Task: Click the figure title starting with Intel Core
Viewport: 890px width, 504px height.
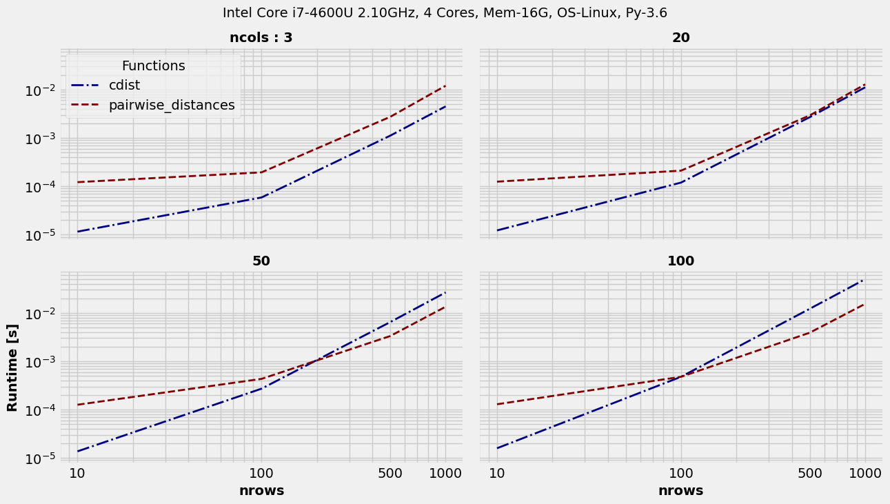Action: click(445, 13)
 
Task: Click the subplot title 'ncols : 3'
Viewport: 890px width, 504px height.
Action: click(261, 38)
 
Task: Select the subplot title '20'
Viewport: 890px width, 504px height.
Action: click(680, 38)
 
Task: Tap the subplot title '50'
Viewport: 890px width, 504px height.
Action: click(261, 261)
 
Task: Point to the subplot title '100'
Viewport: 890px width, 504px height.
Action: click(680, 261)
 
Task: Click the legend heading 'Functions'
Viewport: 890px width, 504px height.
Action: click(153, 66)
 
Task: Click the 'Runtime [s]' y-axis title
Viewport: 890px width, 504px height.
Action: click(12, 367)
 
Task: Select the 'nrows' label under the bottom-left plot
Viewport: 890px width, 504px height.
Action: click(261, 491)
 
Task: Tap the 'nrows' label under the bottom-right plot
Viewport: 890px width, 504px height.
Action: click(680, 491)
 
